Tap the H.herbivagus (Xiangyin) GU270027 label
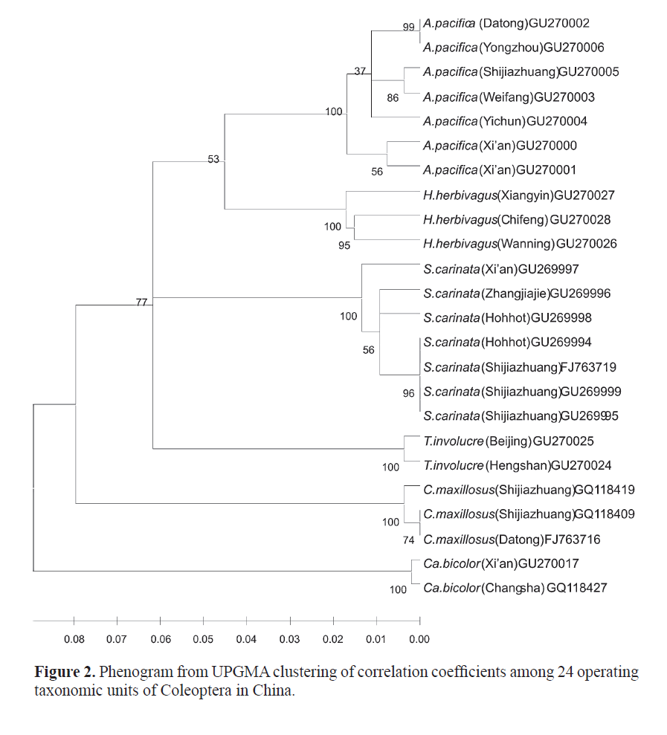[x=519, y=195]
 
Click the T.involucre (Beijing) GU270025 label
[x=508, y=441]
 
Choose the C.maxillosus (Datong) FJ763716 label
[x=512, y=539]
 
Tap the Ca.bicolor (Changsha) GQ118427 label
[x=515, y=588]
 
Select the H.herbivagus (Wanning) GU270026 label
[x=519, y=244]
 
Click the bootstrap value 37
[x=361, y=72]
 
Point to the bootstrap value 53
[x=214, y=159]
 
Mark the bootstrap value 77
[x=141, y=302]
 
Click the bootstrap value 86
[x=393, y=97]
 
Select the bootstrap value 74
[x=408, y=540]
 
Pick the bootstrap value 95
[x=344, y=245]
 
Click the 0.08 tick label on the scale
[x=74, y=639]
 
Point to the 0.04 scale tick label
[x=246, y=639]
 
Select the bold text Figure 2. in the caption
[x=65, y=673]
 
